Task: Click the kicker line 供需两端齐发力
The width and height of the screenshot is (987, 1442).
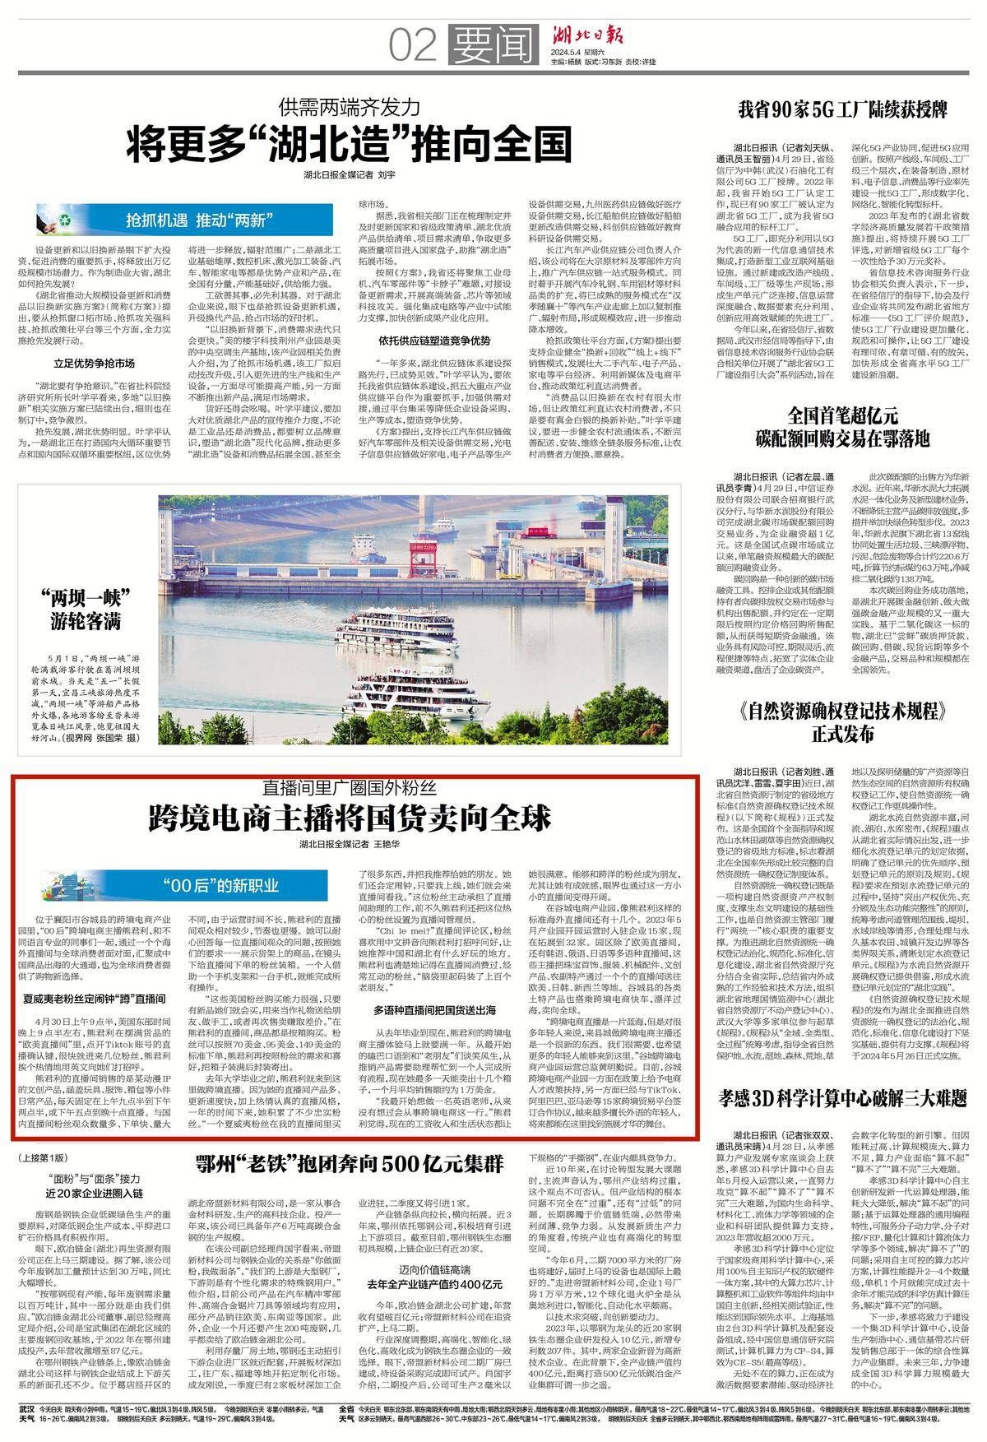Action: tap(349, 106)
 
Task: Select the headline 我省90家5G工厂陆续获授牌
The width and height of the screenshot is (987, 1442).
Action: tap(845, 109)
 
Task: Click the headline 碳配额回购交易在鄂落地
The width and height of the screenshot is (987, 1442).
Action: tap(844, 436)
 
